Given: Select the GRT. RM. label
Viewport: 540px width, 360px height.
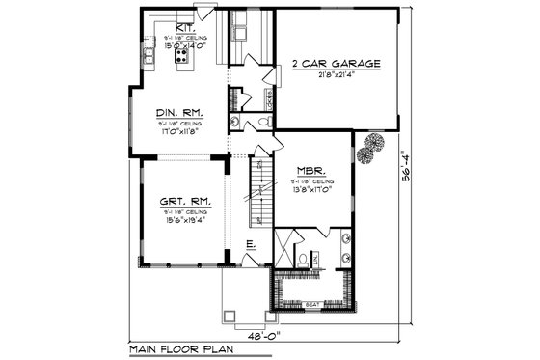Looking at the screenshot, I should pos(180,201).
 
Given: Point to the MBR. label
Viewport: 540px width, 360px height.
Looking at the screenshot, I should pos(310,170).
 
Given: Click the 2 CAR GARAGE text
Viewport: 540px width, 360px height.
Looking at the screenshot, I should pos(337,64).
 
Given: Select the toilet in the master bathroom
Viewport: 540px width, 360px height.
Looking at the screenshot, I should pos(301,258).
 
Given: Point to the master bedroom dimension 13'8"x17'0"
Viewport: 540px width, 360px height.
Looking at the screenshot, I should pos(310,189).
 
